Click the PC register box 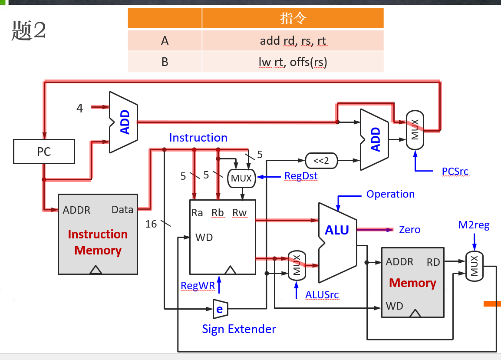pyautogui.click(x=44, y=152)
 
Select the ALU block pyautogui.click(x=337, y=230)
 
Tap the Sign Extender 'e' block pyautogui.click(x=220, y=309)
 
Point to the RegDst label pyautogui.click(x=301, y=176)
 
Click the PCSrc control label pyautogui.click(x=455, y=172)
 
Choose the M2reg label pyautogui.click(x=474, y=225)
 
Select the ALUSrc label pyautogui.click(x=322, y=295)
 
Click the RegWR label pyautogui.click(x=198, y=285)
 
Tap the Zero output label pyautogui.click(x=409, y=230)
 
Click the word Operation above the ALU pyautogui.click(x=390, y=194)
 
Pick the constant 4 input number pyautogui.click(x=79, y=108)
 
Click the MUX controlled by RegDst pyautogui.click(x=241, y=178)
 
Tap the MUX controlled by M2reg pyautogui.click(x=474, y=266)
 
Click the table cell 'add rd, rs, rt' pyautogui.click(x=293, y=41)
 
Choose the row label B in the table pyautogui.click(x=165, y=62)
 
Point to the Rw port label pyautogui.click(x=239, y=212)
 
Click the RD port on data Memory pyautogui.click(x=433, y=262)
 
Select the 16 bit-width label pyautogui.click(x=151, y=224)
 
